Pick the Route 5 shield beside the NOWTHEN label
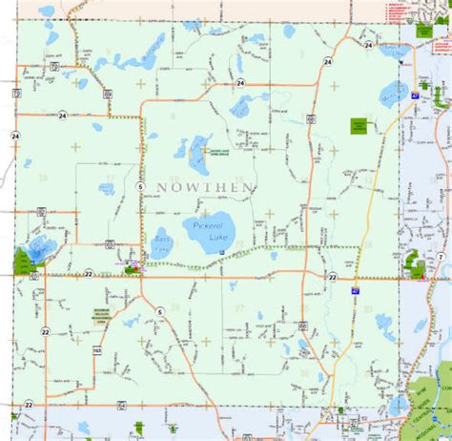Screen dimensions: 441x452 click(139, 185)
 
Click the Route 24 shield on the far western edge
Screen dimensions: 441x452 click(15, 136)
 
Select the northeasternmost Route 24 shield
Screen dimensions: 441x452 click(368, 45)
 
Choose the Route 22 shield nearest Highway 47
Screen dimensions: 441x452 click(333, 277)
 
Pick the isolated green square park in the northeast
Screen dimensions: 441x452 click(359, 125)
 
